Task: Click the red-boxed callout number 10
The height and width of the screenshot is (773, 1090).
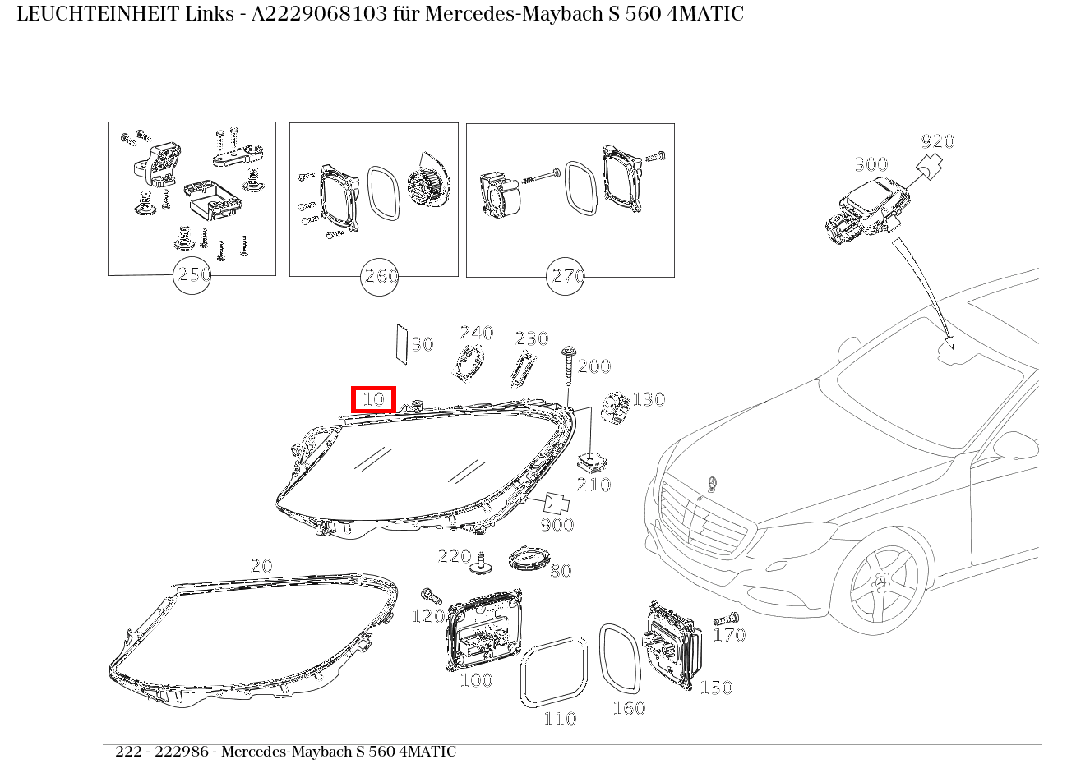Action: coord(374,399)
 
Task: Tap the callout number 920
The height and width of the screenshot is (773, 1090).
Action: coord(938,141)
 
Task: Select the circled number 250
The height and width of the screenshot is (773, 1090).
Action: coord(192,275)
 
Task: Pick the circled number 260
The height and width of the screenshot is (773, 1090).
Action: coord(380,277)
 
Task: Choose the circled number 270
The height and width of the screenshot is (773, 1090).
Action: coord(566,277)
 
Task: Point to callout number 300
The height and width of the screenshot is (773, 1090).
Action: coord(871,164)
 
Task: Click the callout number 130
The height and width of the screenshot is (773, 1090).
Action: coord(649,399)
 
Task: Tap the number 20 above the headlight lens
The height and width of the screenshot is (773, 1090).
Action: coord(261,566)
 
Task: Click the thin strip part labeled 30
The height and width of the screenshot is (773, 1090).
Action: coord(402,344)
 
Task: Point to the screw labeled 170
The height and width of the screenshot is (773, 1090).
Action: coord(727,619)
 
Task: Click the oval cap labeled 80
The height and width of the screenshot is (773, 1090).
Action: coord(529,559)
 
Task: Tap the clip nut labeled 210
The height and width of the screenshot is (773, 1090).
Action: coord(592,463)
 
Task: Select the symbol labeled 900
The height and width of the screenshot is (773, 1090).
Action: coord(557,504)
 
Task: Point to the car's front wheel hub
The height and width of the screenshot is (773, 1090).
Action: coord(880,582)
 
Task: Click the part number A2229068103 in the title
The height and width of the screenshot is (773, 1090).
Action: coord(319,14)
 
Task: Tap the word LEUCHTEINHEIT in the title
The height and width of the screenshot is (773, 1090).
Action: coord(99,14)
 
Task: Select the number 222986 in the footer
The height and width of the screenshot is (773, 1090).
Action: coord(182,752)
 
